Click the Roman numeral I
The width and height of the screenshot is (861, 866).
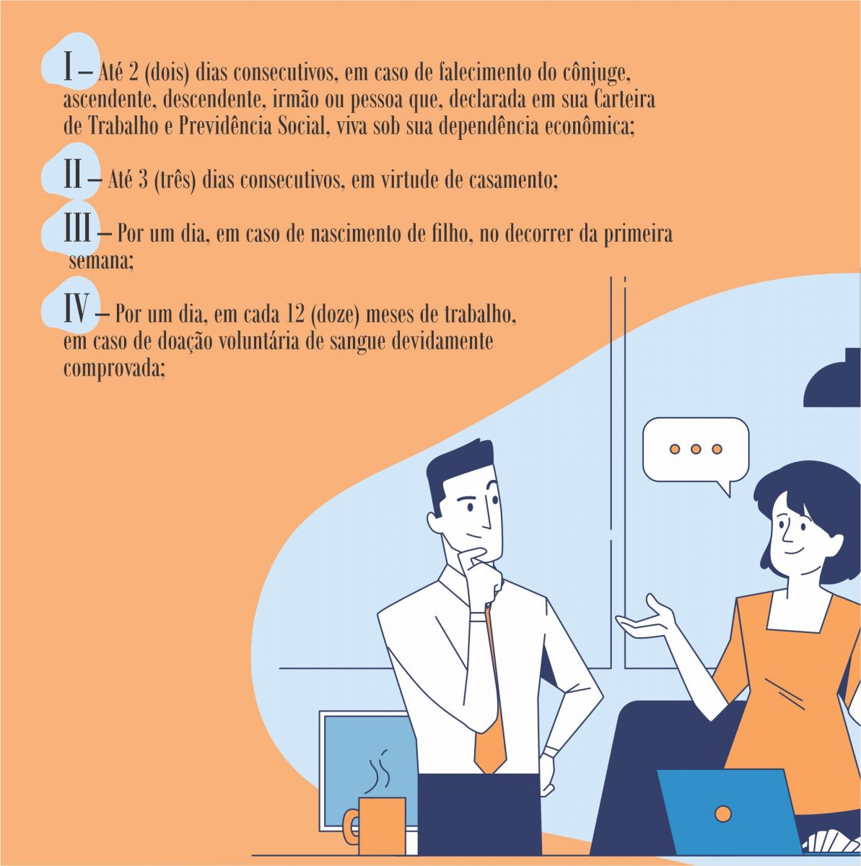pyautogui.click(x=68, y=66)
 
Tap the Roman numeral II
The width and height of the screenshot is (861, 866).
pyautogui.click(x=73, y=173)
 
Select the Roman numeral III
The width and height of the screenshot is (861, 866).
pyautogui.click(x=78, y=227)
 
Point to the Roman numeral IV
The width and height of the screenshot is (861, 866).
pyautogui.click(x=77, y=308)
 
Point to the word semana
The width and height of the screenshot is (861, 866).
pyautogui.click(x=101, y=261)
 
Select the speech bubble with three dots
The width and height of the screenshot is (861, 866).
pyautogui.click(x=696, y=455)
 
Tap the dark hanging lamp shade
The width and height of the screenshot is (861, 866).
pyautogui.click(x=832, y=379)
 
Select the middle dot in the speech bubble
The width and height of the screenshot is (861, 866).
pyautogui.click(x=696, y=449)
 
